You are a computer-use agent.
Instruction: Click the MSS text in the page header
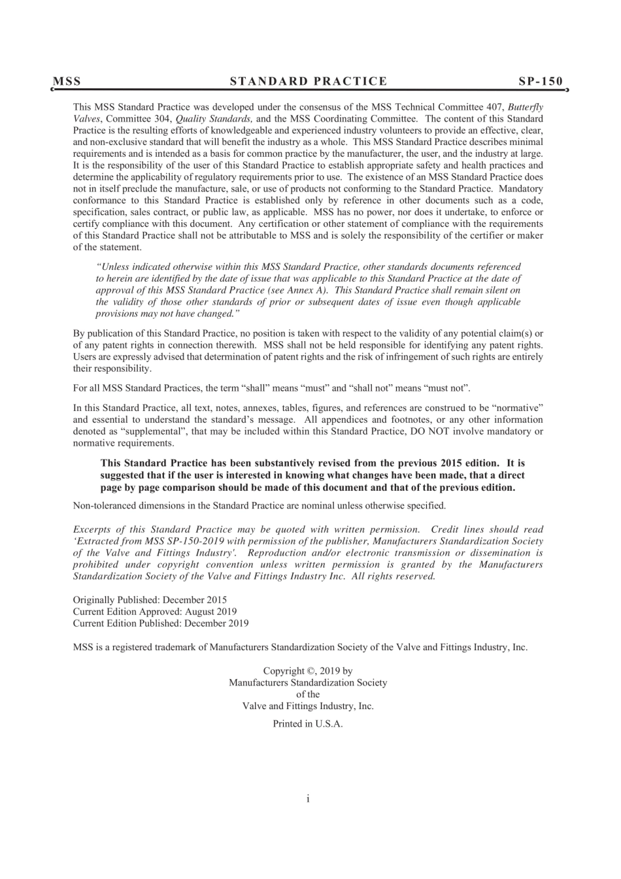[67, 82]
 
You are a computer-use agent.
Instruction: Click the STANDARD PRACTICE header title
[309, 82]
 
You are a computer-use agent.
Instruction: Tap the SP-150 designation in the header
[540, 82]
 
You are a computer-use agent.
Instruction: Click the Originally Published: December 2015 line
[150, 600]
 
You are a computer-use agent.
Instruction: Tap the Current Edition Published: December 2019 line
[160, 623]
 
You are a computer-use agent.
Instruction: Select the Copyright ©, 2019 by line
[308, 671]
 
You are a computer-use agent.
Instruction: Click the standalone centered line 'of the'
[308, 695]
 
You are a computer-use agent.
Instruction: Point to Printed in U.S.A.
[308, 724]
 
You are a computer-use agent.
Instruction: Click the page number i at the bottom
[308, 799]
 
